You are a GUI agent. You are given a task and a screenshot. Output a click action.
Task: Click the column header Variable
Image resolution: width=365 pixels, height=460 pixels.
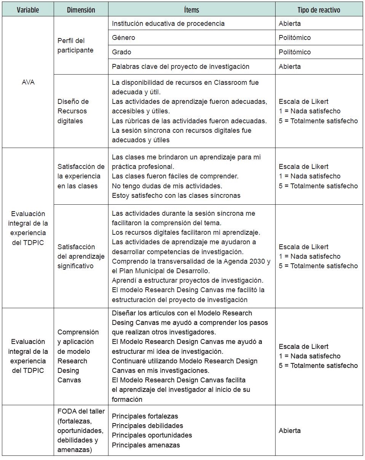pos(28,10)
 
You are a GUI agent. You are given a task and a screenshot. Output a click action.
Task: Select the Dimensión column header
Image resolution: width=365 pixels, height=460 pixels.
pos(81,10)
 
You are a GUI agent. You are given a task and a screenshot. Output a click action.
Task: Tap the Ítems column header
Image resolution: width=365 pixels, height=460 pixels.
pos(191,10)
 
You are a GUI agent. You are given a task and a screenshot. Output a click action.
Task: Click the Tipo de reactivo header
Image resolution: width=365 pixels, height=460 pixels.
pos(319,10)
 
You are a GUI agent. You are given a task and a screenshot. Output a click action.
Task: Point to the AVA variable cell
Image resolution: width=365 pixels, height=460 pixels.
pos(28,82)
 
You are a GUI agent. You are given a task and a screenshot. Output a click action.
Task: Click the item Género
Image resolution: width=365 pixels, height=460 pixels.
pos(123,38)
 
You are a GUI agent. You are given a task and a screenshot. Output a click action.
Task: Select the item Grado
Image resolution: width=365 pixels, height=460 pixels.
pos(121,52)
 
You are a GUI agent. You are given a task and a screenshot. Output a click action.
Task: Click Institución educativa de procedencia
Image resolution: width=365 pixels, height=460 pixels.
pos(168,24)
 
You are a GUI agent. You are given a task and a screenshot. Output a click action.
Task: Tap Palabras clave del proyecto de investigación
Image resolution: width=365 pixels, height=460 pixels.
pos(180,67)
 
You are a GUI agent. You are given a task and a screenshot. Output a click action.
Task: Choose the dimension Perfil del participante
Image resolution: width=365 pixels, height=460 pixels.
pos(75,45)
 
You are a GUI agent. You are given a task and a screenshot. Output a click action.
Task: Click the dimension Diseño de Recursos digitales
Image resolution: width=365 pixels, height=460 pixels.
pos(73,111)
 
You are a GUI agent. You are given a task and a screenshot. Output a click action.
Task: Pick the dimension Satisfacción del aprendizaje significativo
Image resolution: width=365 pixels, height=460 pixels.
pos(80,256)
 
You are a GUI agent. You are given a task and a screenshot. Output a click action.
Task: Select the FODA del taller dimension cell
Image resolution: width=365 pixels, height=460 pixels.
pos(80,430)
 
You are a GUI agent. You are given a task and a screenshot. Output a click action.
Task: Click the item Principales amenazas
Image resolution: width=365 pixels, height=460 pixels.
pos(146,445)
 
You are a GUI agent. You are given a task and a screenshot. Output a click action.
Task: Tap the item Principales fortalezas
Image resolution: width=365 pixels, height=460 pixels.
pos(145,416)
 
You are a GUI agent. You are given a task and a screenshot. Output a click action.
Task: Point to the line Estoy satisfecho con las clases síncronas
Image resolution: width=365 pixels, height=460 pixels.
pos(176,196)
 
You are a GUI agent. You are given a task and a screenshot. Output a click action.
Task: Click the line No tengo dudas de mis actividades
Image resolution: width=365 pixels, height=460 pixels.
pos(167,186)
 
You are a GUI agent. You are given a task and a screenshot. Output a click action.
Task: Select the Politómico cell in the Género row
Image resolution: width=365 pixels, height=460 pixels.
pos(295,38)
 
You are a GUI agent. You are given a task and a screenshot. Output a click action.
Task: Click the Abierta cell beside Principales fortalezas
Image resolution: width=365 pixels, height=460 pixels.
pos(290,431)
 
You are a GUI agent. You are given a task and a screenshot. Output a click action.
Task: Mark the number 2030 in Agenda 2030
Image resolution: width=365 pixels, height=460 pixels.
pos(257,261)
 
